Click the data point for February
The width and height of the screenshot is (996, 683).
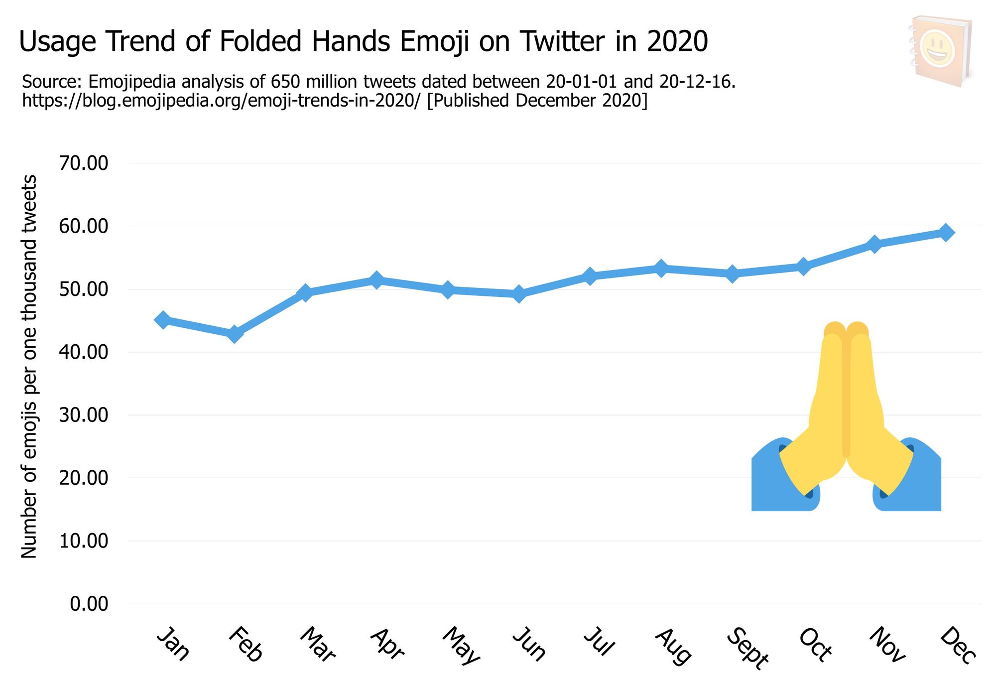coord(234,334)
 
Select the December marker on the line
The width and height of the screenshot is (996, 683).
coord(946,232)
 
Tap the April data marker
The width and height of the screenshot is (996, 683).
coord(376,280)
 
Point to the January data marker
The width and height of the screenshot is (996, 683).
coord(163,320)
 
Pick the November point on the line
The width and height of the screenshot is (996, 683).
coord(874,244)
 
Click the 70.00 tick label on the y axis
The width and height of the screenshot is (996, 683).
coord(84,163)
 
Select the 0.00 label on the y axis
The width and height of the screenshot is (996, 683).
coord(89,604)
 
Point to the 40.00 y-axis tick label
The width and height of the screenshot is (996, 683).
coord(84,352)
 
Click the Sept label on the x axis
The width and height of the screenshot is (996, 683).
coord(747,648)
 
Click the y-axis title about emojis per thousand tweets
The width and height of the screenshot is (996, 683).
coord(29,366)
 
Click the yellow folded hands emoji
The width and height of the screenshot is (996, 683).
coord(846,409)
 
